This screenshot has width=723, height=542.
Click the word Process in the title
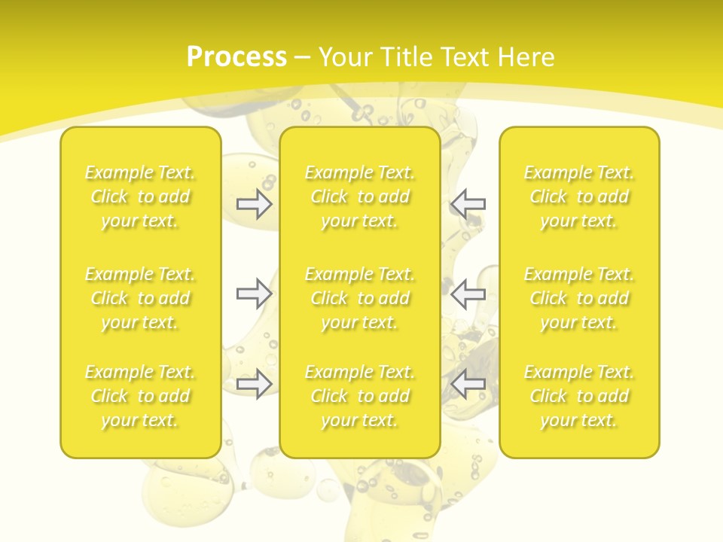coord(236,57)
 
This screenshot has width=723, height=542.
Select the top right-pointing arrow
coord(254,204)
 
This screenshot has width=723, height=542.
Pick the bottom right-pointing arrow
coord(254,384)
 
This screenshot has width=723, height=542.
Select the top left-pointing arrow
coord(468,204)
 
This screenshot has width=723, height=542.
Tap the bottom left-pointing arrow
coord(468,384)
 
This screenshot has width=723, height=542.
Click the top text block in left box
coord(140,196)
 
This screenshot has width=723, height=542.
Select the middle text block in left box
coord(140,298)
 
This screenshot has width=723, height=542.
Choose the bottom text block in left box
coord(140,396)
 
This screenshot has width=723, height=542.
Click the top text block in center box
coord(359,196)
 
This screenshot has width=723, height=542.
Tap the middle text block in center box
coord(359,298)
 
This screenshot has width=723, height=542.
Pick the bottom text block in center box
coord(359,396)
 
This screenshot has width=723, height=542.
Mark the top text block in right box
coord(579,196)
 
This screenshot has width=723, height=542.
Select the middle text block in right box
coord(579,298)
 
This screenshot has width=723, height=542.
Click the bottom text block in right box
coord(579,396)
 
